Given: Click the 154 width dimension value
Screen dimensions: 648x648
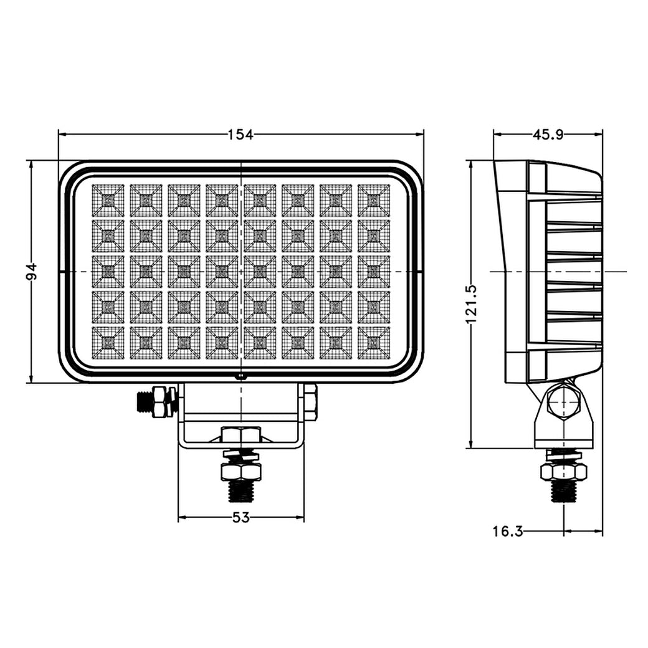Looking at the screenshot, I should (241, 134).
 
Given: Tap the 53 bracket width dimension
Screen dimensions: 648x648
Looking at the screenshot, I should (241, 517).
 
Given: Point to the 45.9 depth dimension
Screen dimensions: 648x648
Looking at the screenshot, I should (548, 134).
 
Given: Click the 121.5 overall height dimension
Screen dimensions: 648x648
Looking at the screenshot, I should (472, 303).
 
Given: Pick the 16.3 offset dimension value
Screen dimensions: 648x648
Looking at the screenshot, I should (507, 531).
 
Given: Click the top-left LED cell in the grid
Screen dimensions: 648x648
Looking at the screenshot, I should (108, 200).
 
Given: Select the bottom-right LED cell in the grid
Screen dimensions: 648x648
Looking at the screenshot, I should (374, 343).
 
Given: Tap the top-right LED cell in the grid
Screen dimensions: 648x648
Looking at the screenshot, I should (374, 200).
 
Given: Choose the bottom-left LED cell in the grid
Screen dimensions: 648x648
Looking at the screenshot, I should (108, 343).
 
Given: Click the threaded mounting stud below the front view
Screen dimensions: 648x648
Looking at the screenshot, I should (241, 490).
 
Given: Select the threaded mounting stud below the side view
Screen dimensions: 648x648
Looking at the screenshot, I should (564, 490).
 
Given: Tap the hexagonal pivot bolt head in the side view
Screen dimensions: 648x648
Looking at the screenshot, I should (564, 403).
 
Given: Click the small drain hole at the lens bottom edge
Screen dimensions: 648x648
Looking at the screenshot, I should (241, 376).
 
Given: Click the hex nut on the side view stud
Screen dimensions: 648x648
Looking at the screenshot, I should (564, 472).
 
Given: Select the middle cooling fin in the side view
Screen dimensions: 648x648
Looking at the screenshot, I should (573, 271).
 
